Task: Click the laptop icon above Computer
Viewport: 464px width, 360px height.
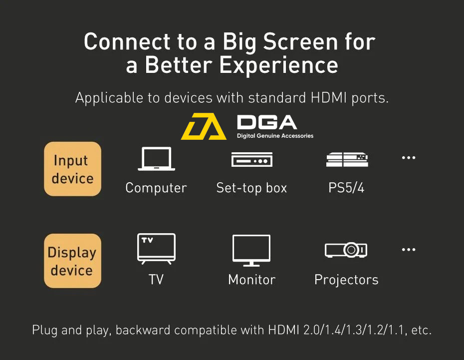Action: (x=156, y=159)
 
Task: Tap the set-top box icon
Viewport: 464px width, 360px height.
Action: (x=252, y=160)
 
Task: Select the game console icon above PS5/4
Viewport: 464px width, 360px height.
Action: (x=347, y=160)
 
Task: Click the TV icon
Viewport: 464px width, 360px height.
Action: (x=156, y=249)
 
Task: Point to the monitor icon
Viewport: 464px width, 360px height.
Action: (x=251, y=251)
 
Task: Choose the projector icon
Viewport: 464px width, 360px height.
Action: (x=346, y=250)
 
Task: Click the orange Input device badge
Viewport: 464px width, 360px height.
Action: (x=72, y=169)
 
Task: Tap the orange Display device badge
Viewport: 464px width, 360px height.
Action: (x=72, y=261)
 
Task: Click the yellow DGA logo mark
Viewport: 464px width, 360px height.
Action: (x=204, y=126)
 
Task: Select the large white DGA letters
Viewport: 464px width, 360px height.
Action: (x=267, y=122)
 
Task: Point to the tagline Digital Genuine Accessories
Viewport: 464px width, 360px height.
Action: (x=275, y=136)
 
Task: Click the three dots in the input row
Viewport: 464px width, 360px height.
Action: (x=409, y=158)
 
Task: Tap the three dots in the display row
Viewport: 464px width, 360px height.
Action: (x=409, y=250)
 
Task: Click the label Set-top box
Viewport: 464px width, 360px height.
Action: (x=251, y=188)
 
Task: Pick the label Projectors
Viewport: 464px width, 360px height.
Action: (x=347, y=280)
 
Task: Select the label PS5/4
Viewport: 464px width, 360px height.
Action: (x=346, y=188)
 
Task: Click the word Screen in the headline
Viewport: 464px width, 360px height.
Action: (x=300, y=42)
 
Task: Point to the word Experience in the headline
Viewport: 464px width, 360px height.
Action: (x=279, y=65)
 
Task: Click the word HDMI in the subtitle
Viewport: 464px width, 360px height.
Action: (x=329, y=98)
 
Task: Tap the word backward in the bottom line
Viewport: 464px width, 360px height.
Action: (x=143, y=330)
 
